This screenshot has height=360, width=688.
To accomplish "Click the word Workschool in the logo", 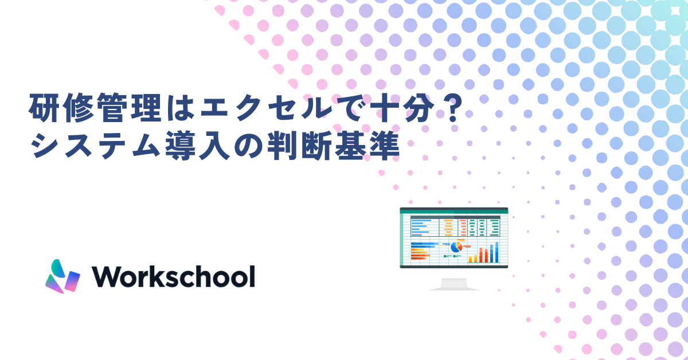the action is coord(174,276).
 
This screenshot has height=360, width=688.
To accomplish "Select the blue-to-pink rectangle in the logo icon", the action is coord(72,281).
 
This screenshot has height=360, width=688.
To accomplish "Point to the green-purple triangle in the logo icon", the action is coord(54,284).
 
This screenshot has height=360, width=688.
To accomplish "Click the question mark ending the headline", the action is coord(455,108).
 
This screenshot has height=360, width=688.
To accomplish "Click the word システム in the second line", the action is coord(96,146).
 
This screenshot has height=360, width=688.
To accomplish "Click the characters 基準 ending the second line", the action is coord(367,146).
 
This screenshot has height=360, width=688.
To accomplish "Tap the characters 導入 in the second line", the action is coord(198,146).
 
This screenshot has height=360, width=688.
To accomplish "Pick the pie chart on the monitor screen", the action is coord(456,246).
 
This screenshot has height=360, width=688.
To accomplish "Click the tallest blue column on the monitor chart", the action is coord(497,252).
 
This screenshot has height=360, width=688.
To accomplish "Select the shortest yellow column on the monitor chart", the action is coord(470,260).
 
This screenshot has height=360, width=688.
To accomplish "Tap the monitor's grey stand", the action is coord(454,284).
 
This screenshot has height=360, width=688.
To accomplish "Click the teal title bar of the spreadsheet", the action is coord(454,211).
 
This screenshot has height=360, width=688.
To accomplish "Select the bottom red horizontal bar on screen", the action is coord(419,259).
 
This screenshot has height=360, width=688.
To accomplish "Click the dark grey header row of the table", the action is coord(455,217).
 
